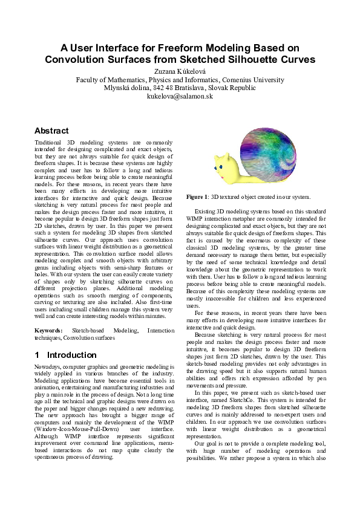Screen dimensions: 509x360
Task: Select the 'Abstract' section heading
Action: [51, 131]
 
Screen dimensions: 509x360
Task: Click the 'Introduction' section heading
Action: [71, 355]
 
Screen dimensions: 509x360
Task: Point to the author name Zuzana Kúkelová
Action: [180, 71]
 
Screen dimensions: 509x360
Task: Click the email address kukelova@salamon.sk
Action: [180, 96]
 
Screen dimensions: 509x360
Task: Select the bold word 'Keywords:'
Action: [48, 331]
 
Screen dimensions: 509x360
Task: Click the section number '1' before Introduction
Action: [38, 355]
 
